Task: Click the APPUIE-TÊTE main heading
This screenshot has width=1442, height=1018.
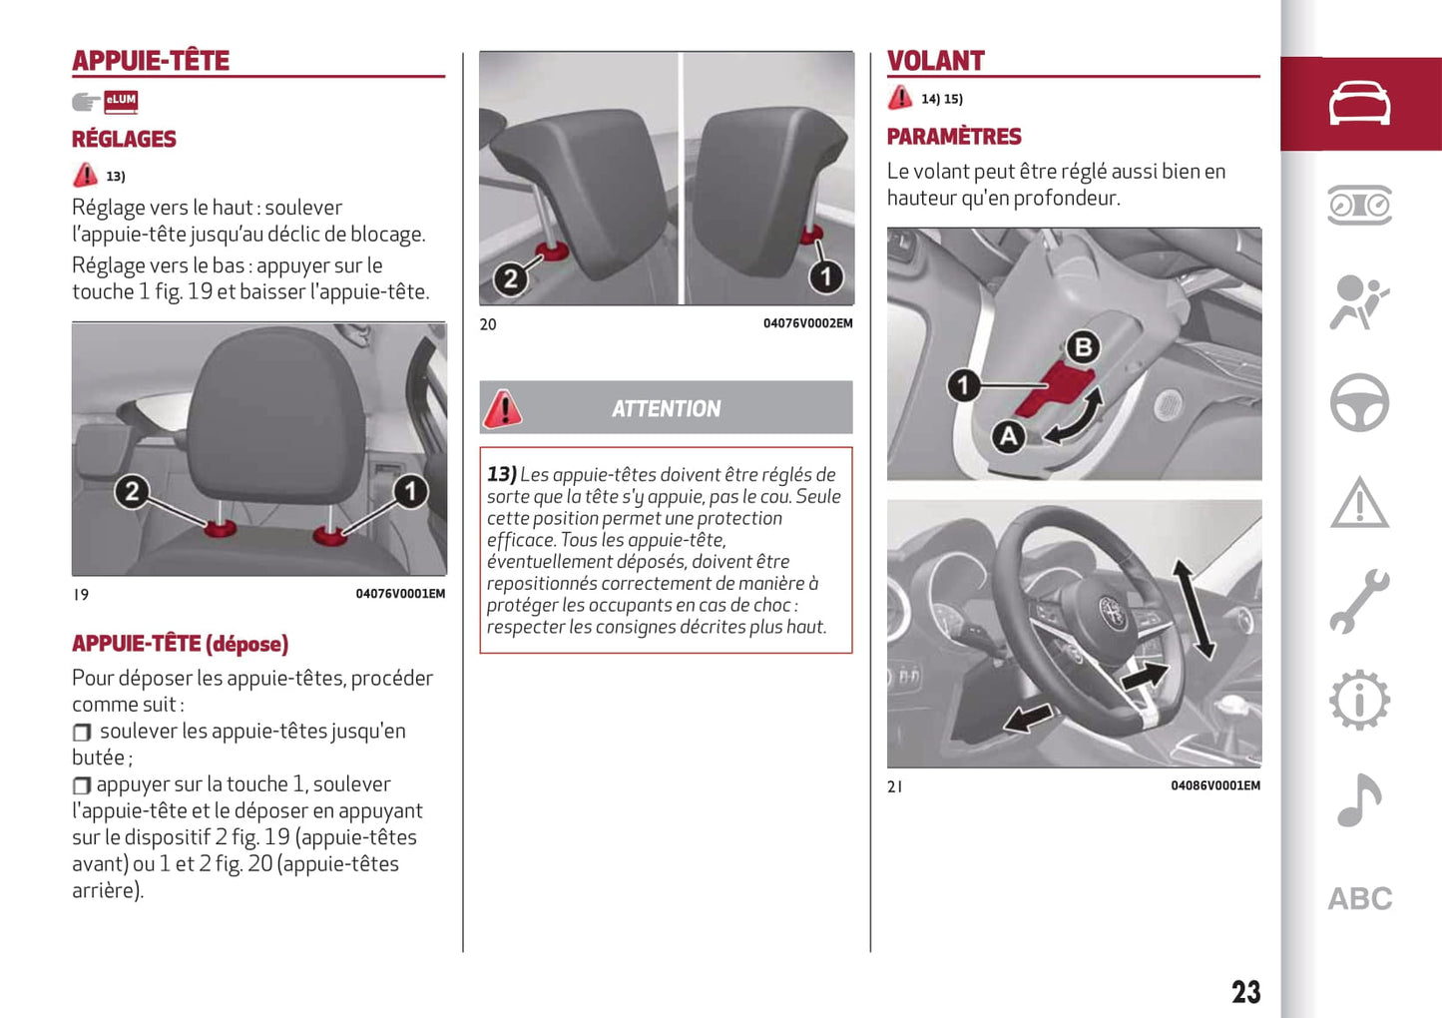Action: pyautogui.click(x=151, y=61)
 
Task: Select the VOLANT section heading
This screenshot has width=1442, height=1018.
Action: pyautogui.click(x=935, y=61)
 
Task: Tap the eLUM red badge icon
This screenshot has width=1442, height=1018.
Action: pyautogui.click(x=121, y=100)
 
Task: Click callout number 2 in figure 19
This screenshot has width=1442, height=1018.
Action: pyautogui.click(x=132, y=490)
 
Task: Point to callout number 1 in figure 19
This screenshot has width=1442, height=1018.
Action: pyautogui.click(x=410, y=490)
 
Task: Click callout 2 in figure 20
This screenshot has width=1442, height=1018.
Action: pyautogui.click(x=510, y=278)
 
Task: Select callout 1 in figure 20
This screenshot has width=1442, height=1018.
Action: pyautogui.click(x=825, y=276)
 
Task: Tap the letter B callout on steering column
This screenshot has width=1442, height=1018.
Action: pyautogui.click(x=1083, y=346)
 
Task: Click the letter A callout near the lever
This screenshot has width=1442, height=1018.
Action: pyautogui.click(x=1008, y=435)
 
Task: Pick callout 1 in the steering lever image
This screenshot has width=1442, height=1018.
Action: pyautogui.click(x=963, y=384)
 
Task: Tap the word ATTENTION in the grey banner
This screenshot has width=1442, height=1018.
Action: pyautogui.click(x=666, y=408)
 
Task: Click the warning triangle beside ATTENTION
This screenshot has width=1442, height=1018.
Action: pyautogui.click(x=503, y=408)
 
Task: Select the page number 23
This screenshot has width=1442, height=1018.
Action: pyautogui.click(x=1245, y=991)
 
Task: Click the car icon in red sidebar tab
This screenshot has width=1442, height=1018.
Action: pyautogui.click(x=1359, y=104)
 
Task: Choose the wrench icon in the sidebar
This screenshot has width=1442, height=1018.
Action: pyautogui.click(x=1359, y=601)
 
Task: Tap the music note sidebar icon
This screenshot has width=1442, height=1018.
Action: pyautogui.click(x=1359, y=799)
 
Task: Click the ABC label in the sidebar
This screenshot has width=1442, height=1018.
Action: pyautogui.click(x=1359, y=898)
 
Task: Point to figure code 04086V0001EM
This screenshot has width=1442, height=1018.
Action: pyautogui.click(x=1214, y=785)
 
